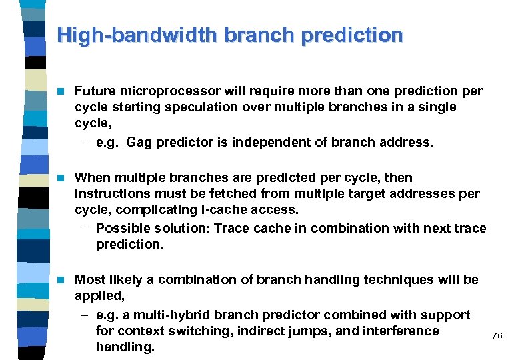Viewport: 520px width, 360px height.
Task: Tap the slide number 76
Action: (x=497, y=336)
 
